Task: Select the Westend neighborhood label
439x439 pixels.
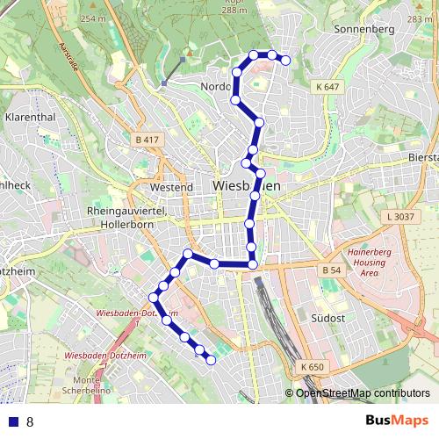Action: click(x=171, y=187)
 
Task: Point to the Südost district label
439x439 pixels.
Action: click(x=327, y=317)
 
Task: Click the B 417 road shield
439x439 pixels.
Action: click(x=148, y=140)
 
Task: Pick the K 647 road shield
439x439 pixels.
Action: click(x=327, y=87)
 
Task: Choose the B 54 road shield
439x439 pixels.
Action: click(x=330, y=270)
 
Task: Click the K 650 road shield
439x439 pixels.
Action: click(x=311, y=366)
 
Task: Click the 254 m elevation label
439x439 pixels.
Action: click(x=91, y=18)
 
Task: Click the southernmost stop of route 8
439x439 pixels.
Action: click(x=211, y=359)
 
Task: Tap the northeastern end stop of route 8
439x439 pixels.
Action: click(x=285, y=60)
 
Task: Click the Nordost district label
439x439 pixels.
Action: click(x=216, y=86)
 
